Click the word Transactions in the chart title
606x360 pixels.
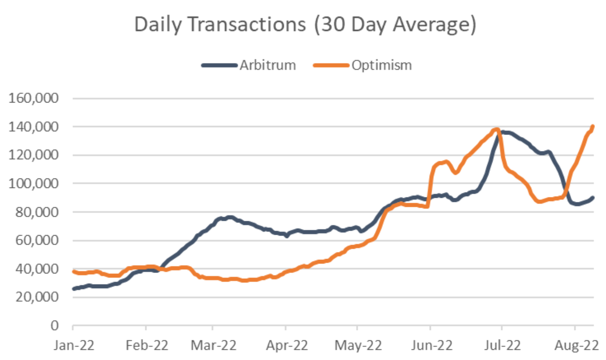pyautogui.click(x=247, y=25)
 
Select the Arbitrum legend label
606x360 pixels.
pyautogui.click(x=267, y=65)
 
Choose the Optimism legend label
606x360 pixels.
pyautogui.click(x=381, y=65)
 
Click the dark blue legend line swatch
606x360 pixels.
pyautogui.click(x=219, y=65)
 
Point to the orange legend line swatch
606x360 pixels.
pyautogui.click(x=331, y=65)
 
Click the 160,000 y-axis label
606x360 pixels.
pyautogui.click(x=34, y=98)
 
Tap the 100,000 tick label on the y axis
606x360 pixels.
pyautogui.click(x=34, y=183)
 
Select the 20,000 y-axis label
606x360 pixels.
pyautogui.click(x=37, y=297)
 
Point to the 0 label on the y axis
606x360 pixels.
pyautogui.click(x=55, y=326)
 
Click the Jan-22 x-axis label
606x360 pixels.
pyautogui.click(x=74, y=345)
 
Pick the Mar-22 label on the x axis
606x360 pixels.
pyautogui.click(x=213, y=345)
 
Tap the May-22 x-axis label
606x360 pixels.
pyautogui.click(x=358, y=345)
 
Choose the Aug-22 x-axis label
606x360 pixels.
pyautogui.click(x=576, y=345)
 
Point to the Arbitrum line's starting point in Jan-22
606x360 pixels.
pyautogui.click(x=74, y=289)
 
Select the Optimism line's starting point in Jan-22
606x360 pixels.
pyautogui.click(x=74, y=272)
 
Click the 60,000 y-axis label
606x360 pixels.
pyautogui.click(x=37, y=240)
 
